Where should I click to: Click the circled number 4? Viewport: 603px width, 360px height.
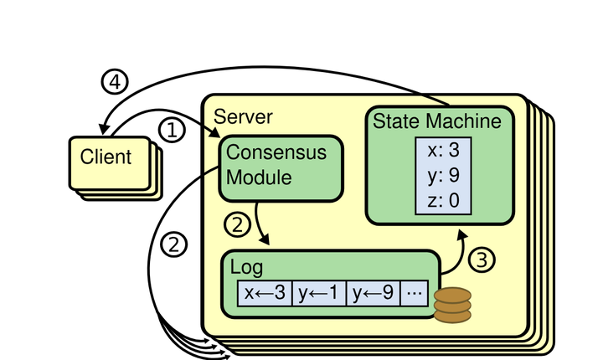tap(115, 82)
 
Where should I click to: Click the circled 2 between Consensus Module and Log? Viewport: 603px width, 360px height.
tap(238, 224)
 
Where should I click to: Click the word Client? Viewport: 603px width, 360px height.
tap(106, 157)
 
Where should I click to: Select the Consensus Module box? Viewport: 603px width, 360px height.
tap(281, 167)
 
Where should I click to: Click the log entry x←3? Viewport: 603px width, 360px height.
tap(265, 294)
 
